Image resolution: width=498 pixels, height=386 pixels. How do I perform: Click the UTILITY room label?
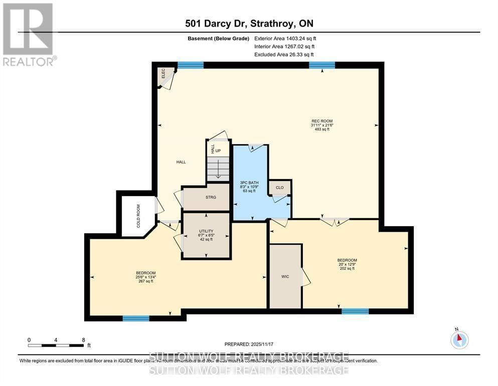(206, 235)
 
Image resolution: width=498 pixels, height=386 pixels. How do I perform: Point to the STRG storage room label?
(211, 197)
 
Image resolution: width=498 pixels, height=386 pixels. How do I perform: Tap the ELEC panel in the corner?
(163, 74)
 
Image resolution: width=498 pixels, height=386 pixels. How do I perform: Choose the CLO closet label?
(279, 187)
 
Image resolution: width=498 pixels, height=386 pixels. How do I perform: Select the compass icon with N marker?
(459, 340)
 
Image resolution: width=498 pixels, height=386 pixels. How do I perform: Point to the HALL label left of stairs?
(181, 162)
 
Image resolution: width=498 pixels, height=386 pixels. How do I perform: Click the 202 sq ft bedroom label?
(346, 264)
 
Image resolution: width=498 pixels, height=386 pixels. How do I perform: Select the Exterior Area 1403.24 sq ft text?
(285, 38)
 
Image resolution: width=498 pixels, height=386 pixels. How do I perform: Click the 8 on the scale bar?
(83, 340)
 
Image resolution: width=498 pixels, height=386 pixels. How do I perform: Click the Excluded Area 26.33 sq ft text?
(285, 54)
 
